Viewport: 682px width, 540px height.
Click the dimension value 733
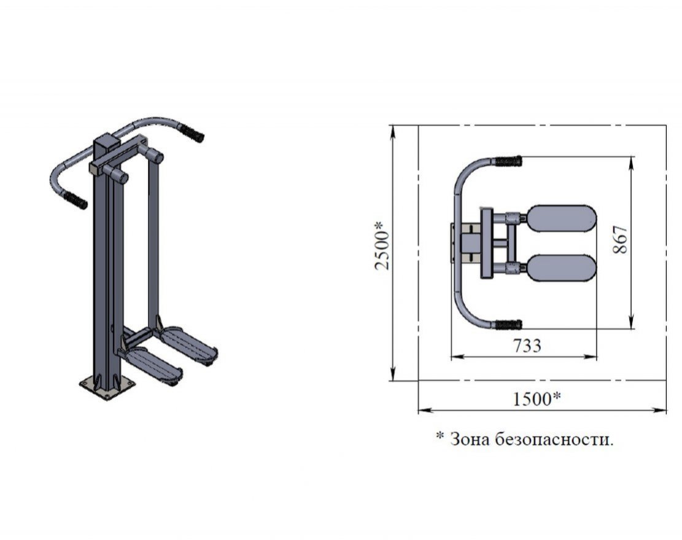[527, 345]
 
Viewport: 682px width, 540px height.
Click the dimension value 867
[621, 239]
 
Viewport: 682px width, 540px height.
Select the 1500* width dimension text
[537, 398]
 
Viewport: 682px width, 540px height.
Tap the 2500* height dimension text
[382, 245]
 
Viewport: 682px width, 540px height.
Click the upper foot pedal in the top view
[561, 218]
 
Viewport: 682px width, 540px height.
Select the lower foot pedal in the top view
[561, 268]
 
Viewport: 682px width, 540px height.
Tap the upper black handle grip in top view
[508, 162]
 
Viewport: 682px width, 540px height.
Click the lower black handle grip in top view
[508, 325]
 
